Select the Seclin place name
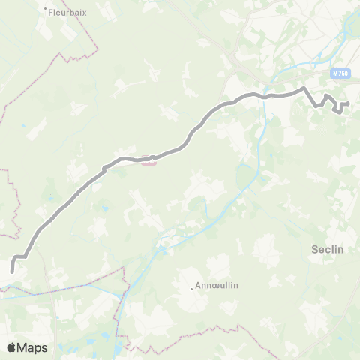coord(327,250)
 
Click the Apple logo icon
coord(12,347)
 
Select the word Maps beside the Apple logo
coord(34,347)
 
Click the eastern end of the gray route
coord(349,103)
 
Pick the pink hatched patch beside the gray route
coord(149,164)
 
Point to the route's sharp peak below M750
coord(304,88)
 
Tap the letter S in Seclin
coord(313,250)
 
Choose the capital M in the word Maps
coord(23,347)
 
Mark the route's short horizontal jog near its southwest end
coord(21,256)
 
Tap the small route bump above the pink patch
coord(152,157)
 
